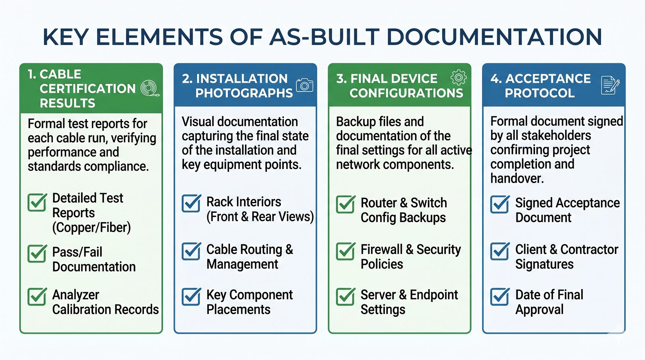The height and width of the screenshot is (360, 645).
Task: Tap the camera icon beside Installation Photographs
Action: point(305,85)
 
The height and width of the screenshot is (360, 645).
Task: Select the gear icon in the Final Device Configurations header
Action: point(458,77)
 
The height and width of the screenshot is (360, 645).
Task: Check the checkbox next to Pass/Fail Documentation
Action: point(37,254)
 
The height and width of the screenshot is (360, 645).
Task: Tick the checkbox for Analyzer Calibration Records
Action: point(37,297)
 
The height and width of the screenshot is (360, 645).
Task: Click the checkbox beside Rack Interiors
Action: point(191,203)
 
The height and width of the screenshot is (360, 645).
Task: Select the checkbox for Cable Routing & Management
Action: point(191,251)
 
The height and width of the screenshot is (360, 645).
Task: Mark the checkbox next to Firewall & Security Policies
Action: point(345,251)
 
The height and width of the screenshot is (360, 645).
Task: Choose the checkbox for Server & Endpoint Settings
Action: point(345,297)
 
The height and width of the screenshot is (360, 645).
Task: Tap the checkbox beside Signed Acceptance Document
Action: point(500,204)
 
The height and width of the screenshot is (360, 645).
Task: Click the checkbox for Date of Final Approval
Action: point(500,297)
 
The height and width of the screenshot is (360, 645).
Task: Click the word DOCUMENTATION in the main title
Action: point(494,37)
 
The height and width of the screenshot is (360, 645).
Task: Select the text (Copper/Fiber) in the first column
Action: point(92,227)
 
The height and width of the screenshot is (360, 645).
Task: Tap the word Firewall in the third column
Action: point(381,250)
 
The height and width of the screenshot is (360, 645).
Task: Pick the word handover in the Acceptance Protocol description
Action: point(517,179)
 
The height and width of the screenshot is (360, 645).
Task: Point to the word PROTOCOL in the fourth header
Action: point(540,93)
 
